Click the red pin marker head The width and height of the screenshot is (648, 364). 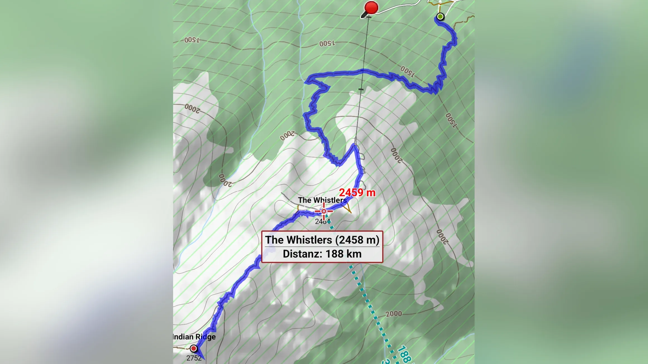(371, 7)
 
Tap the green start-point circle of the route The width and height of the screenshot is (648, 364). (440, 17)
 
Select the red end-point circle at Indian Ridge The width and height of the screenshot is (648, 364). (193, 348)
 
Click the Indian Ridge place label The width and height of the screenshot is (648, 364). (194, 337)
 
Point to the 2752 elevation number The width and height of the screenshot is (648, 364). (194, 358)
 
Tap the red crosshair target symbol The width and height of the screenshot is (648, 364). (324, 211)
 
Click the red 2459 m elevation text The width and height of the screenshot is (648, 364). (357, 193)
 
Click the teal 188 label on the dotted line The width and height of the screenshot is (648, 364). (404, 354)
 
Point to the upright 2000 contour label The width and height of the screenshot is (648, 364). (393, 314)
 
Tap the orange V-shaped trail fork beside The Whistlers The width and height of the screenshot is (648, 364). (348, 208)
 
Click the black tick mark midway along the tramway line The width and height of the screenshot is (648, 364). (361, 89)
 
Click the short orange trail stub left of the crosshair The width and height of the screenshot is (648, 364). (298, 208)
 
